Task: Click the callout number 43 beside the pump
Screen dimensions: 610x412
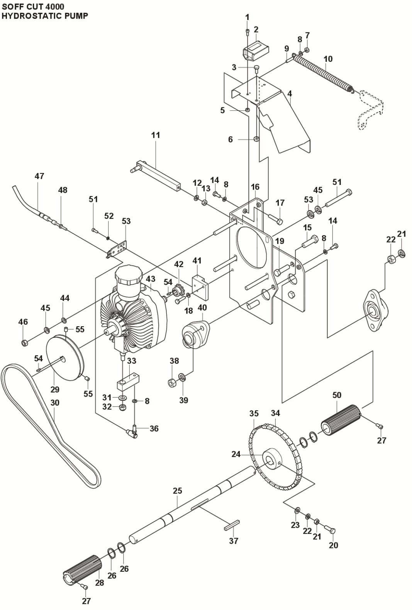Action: click(151, 279)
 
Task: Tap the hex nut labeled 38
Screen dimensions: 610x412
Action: click(173, 383)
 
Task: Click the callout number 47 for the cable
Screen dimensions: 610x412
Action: click(39, 176)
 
